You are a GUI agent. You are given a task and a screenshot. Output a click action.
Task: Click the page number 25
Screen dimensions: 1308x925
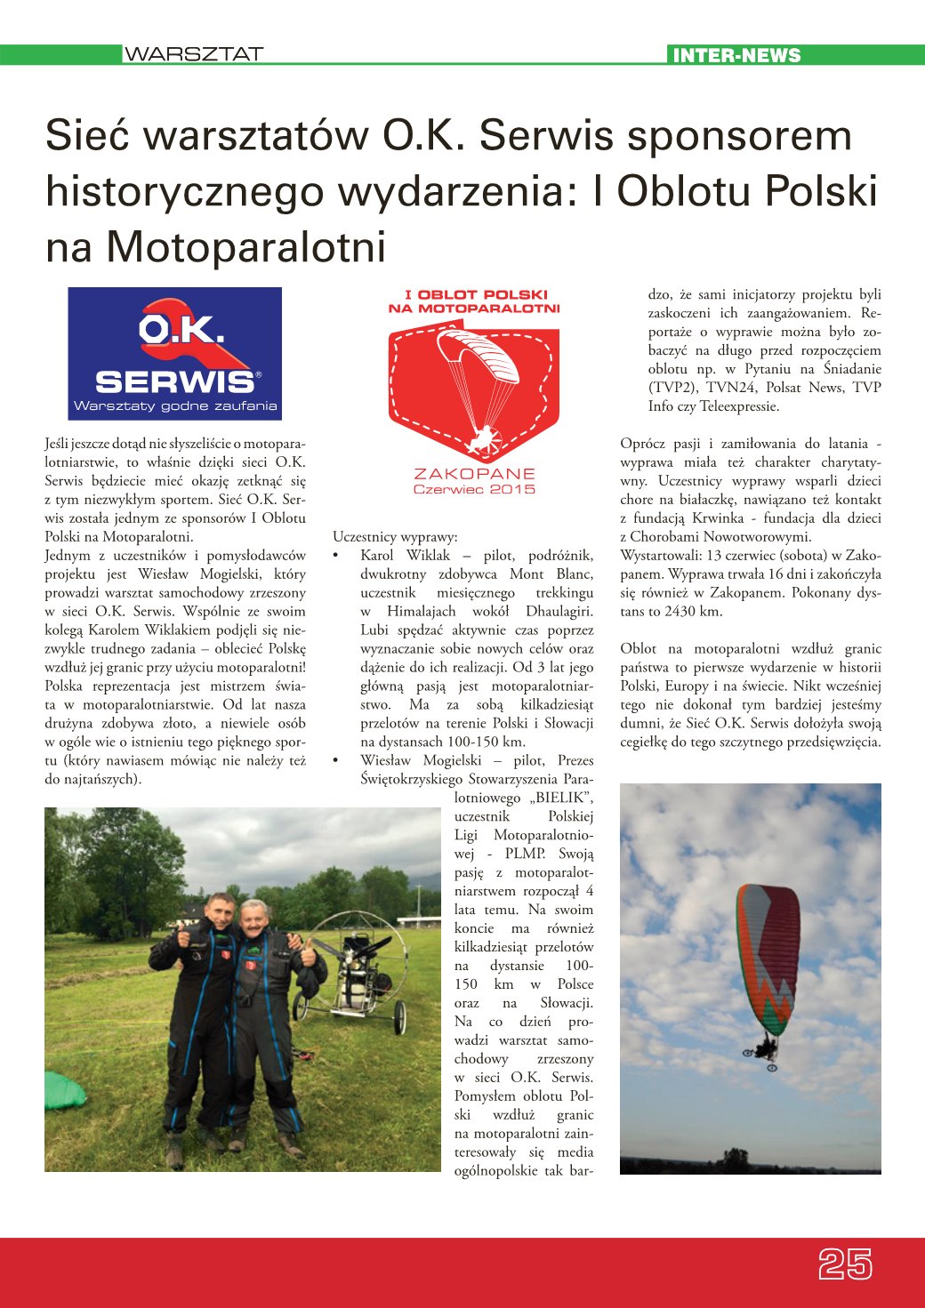845,1264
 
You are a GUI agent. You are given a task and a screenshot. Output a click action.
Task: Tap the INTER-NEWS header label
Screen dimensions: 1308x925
736,55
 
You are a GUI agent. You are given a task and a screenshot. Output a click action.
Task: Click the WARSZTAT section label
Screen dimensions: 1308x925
193,54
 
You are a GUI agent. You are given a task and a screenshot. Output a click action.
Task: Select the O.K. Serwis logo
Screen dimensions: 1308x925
175,353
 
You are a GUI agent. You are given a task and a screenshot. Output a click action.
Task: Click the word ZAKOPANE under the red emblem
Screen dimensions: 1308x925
474,474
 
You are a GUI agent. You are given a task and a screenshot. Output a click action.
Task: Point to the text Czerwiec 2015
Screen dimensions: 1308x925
474,489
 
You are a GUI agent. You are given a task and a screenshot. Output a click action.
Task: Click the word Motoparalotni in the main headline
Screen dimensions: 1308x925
246,247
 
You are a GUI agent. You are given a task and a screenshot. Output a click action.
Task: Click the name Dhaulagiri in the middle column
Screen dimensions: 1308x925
559,612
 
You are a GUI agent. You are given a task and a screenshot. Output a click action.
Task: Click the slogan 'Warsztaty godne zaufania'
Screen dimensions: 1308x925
175,406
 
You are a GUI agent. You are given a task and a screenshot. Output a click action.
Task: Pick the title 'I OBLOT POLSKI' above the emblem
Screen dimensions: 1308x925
476,294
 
